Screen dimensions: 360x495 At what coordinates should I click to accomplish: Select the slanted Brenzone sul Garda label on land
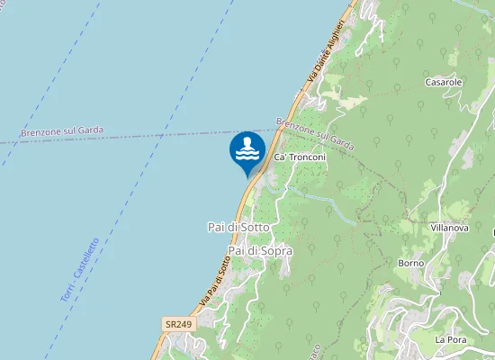(315, 133)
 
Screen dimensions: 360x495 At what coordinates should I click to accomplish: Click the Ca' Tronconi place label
(299, 157)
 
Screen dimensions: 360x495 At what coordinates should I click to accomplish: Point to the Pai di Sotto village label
(232, 229)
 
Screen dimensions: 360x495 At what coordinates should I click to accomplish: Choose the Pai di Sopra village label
(260, 250)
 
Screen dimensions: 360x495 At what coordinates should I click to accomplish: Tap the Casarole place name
(444, 82)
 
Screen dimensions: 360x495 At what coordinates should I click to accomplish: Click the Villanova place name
(450, 229)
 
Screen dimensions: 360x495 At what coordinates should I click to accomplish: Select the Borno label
(410, 263)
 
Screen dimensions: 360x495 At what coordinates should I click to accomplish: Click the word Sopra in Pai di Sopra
(274, 250)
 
